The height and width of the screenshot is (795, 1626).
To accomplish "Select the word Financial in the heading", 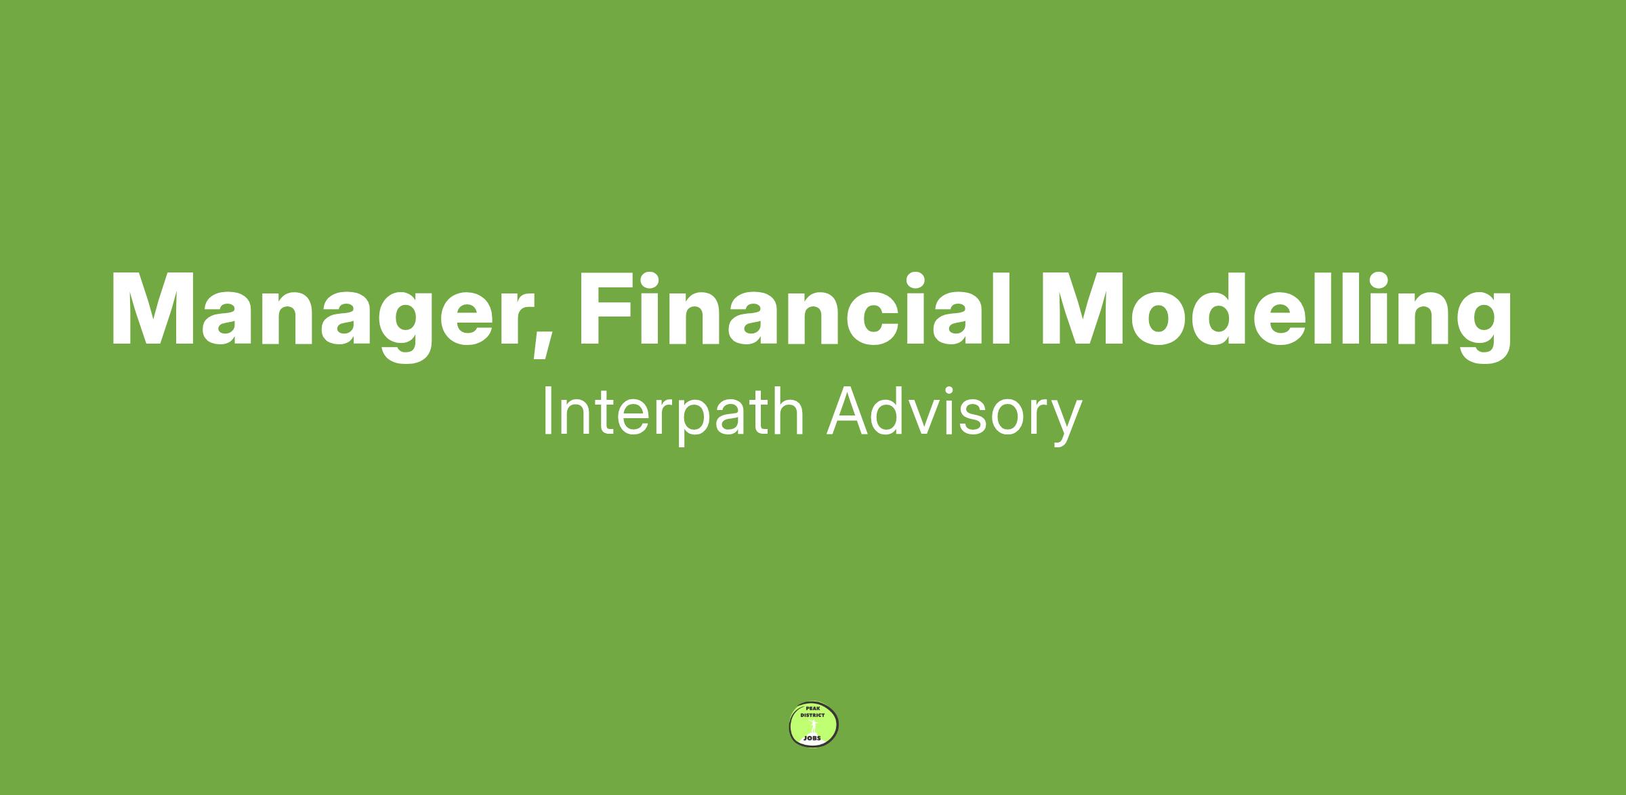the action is click(794, 308).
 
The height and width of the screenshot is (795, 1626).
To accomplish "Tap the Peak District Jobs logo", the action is click(814, 725).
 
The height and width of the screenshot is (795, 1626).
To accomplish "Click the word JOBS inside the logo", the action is click(812, 737).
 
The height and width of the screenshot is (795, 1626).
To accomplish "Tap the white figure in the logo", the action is click(813, 726).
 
